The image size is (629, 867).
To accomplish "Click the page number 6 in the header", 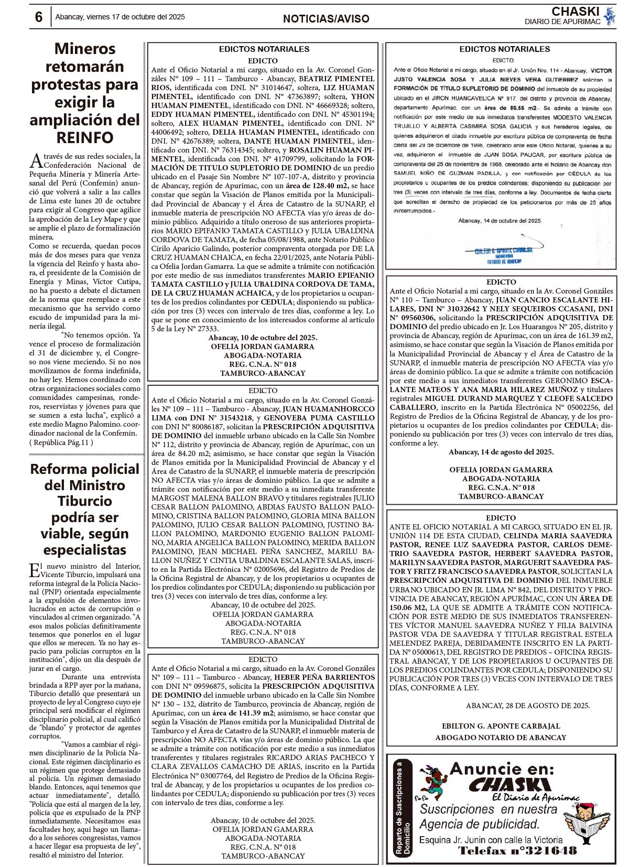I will click(38, 17).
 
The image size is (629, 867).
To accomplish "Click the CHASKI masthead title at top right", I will click(575, 11).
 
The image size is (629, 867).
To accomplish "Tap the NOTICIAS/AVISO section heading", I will click(326, 19).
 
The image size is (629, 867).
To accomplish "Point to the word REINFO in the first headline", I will click(85, 137).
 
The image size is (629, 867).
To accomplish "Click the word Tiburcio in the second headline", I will click(85, 501).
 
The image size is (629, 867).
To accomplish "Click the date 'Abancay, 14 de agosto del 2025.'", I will click(501, 452).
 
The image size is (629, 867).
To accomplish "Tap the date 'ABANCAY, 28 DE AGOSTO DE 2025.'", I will click(528, 705).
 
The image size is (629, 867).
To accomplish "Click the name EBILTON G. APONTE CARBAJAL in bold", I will click(501, 726).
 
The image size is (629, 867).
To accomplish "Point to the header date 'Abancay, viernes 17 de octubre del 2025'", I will click(120, 17).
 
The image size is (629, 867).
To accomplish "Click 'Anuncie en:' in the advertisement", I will click(502, 769).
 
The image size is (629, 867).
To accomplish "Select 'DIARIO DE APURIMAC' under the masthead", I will click(562, 21).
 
